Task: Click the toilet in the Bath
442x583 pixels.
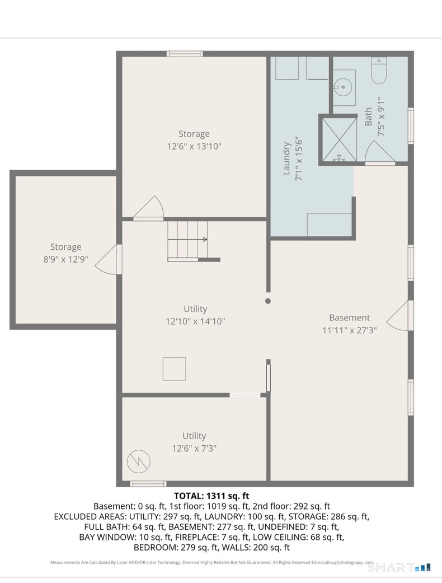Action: (379, 70)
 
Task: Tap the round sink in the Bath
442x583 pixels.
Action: (342, 87)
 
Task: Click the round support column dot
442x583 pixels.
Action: (268, 301)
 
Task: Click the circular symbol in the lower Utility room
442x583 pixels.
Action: (139, 461)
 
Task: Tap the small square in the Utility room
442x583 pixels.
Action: (174, 369)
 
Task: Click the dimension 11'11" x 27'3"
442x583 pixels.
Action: (350, 330)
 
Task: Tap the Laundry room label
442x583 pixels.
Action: (286, 158)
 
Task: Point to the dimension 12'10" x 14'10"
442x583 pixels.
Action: (195, 321)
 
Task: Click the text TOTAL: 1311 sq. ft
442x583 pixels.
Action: (211, 496)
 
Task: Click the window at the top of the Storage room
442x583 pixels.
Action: (185, 54)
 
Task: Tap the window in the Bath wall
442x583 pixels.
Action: (411, 125)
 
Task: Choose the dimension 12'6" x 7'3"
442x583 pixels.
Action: (194, 449)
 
